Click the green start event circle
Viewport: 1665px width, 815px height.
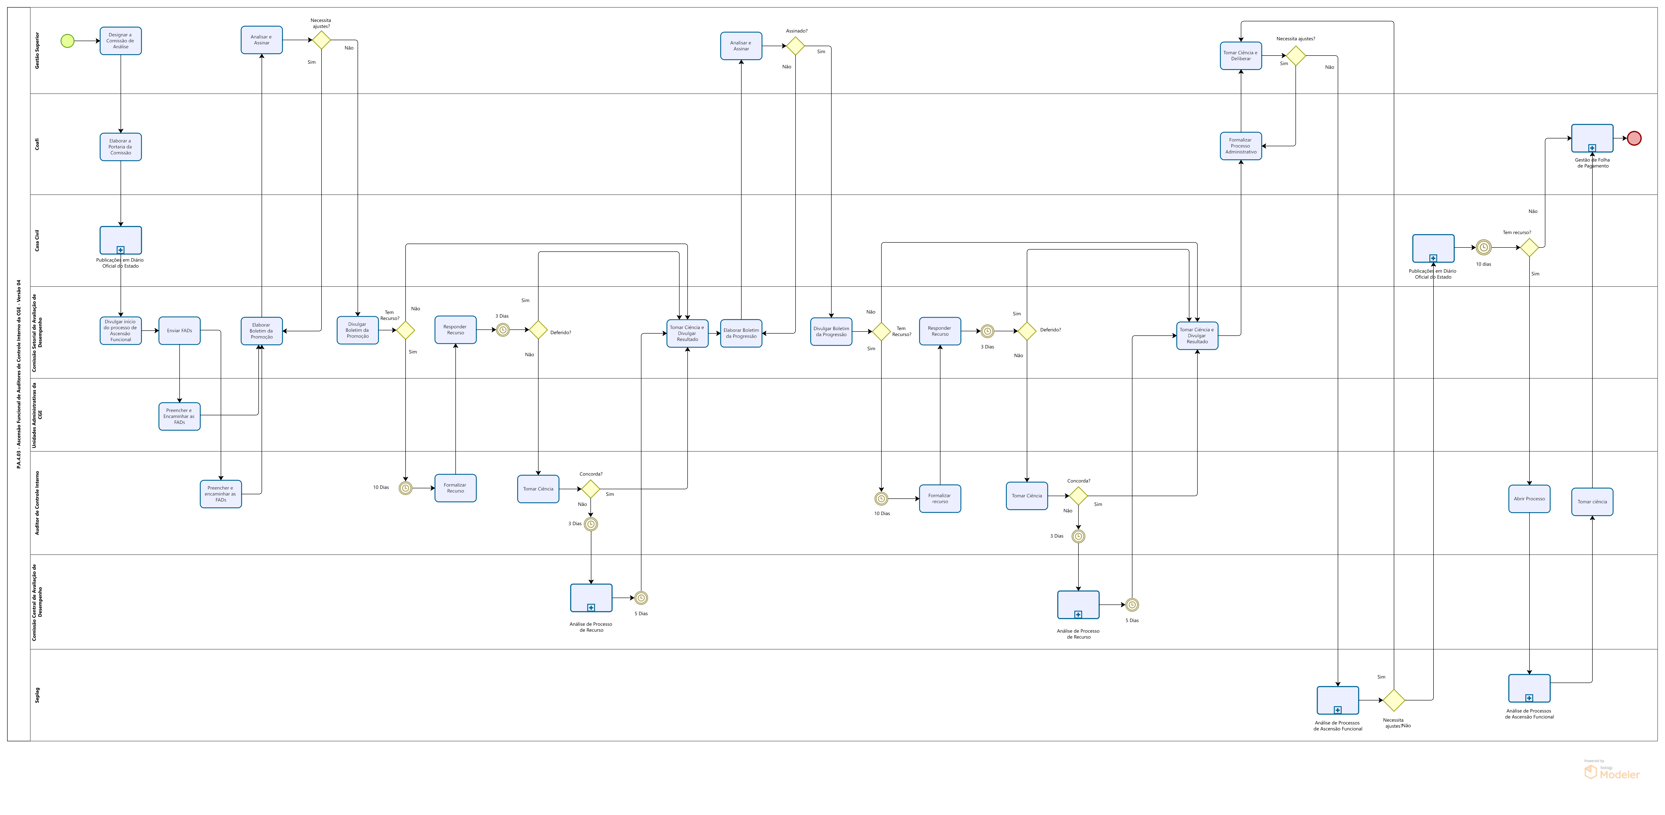(67, 41)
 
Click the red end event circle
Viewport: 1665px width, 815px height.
(1634, 138)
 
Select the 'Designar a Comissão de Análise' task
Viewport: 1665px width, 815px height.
(121, 41)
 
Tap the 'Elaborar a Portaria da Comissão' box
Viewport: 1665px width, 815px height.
(121, 147)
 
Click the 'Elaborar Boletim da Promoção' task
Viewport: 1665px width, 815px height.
(262, 331)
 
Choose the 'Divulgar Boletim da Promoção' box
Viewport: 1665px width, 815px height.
(357, 330)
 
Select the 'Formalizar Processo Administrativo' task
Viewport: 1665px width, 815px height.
(1241, 146)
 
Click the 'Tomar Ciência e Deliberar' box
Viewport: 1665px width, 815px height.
(1241, 56)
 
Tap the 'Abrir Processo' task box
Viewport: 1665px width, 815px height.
(1529, 499)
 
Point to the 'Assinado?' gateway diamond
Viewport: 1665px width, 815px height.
(795, 46)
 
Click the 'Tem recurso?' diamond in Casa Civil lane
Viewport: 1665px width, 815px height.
(1529, 247)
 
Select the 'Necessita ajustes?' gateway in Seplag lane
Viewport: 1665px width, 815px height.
(1394, 700)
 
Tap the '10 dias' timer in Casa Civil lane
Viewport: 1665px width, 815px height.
(1483, 247)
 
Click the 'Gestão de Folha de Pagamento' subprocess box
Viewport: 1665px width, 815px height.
(1592, 138)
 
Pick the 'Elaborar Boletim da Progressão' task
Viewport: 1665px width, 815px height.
(741, 334)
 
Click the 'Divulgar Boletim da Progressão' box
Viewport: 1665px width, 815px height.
(831, 332)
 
